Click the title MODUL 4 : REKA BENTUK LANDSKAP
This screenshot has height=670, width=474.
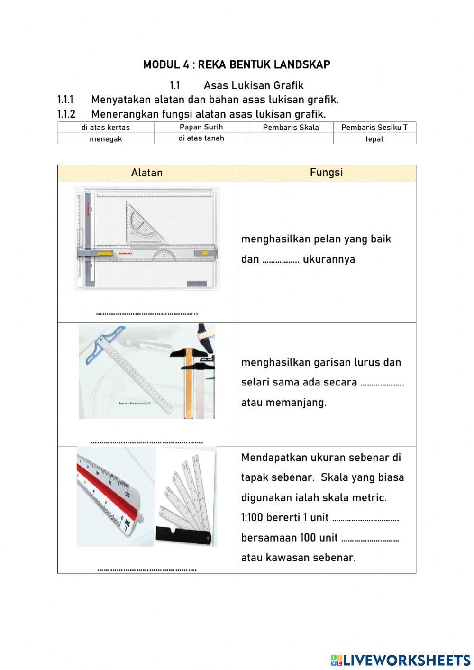click(237, 64)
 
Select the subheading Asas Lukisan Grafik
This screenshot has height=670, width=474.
click(253, 85)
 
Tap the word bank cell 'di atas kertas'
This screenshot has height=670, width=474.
click(106, 127)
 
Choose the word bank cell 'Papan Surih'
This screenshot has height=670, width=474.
click(201, 127)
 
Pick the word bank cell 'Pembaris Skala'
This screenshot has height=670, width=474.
click(291, 127)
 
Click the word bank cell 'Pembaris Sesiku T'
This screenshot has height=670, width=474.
click(374, 127)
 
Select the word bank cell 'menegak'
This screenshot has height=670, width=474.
click(106, 139)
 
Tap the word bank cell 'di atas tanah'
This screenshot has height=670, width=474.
click(201, 138)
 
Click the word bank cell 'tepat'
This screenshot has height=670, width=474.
click(374, 139)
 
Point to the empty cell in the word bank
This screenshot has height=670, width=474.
click(291, 138)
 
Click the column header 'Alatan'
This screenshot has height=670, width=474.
click(147, 173)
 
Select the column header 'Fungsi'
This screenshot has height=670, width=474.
click(326, 172)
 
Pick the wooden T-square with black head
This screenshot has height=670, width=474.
click(190, 375)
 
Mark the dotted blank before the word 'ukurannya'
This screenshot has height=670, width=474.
click(281, 260)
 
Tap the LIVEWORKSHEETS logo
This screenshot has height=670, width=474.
click(401, 660)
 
